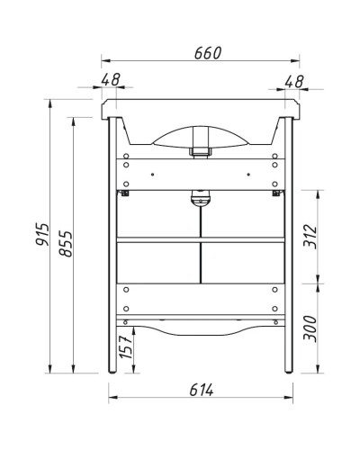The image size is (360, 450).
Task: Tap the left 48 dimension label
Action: pos(112,80)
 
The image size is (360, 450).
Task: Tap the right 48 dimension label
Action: pos(294,80)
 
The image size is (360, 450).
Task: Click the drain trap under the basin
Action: pos(201,198)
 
